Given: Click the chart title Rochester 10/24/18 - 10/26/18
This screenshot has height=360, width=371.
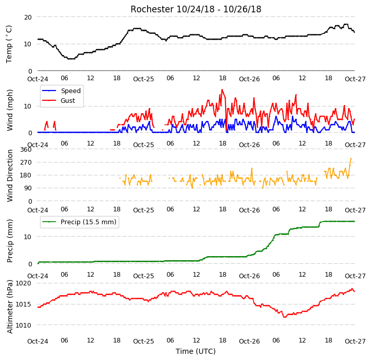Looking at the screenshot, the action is (x=196, y=9).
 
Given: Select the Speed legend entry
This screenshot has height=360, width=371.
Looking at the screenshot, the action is (x=61, y=91).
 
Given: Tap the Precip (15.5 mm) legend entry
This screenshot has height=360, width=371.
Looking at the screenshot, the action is (x=79, y=222).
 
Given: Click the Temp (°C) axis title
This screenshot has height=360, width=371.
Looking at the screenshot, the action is (x=9, y=44).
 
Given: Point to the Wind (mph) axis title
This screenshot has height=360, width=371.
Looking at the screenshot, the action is (x=10, y=110).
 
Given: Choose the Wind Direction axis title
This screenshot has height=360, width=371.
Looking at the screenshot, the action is (x=10, y=175).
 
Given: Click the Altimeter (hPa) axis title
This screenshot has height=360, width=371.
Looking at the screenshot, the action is (x=10, y=307).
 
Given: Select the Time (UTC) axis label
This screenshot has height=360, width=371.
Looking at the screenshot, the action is (x=196, y=351).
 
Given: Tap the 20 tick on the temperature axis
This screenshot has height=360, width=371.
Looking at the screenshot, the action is (x=28, y=17).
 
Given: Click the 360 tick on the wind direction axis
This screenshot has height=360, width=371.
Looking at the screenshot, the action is (x=26, y=150).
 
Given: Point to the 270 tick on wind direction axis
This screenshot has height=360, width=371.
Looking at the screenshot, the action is (x=26, y=163).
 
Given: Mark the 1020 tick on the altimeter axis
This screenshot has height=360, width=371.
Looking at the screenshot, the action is (x=24, y=283).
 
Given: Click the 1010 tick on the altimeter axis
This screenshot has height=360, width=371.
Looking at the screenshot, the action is (x=24, y=325).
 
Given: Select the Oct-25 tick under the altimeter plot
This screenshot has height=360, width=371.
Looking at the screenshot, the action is (x=143, y=341).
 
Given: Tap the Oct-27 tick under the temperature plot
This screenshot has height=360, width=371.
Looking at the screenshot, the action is (x=355, y=79).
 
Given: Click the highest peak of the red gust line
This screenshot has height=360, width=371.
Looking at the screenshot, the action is (x=222, y=89).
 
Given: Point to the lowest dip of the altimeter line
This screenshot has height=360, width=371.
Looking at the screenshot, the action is (x=284, y=317).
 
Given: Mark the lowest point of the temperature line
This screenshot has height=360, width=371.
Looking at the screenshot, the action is (x=71, y=59).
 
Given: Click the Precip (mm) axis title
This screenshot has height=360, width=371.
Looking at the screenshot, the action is (x=10, y=241).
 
